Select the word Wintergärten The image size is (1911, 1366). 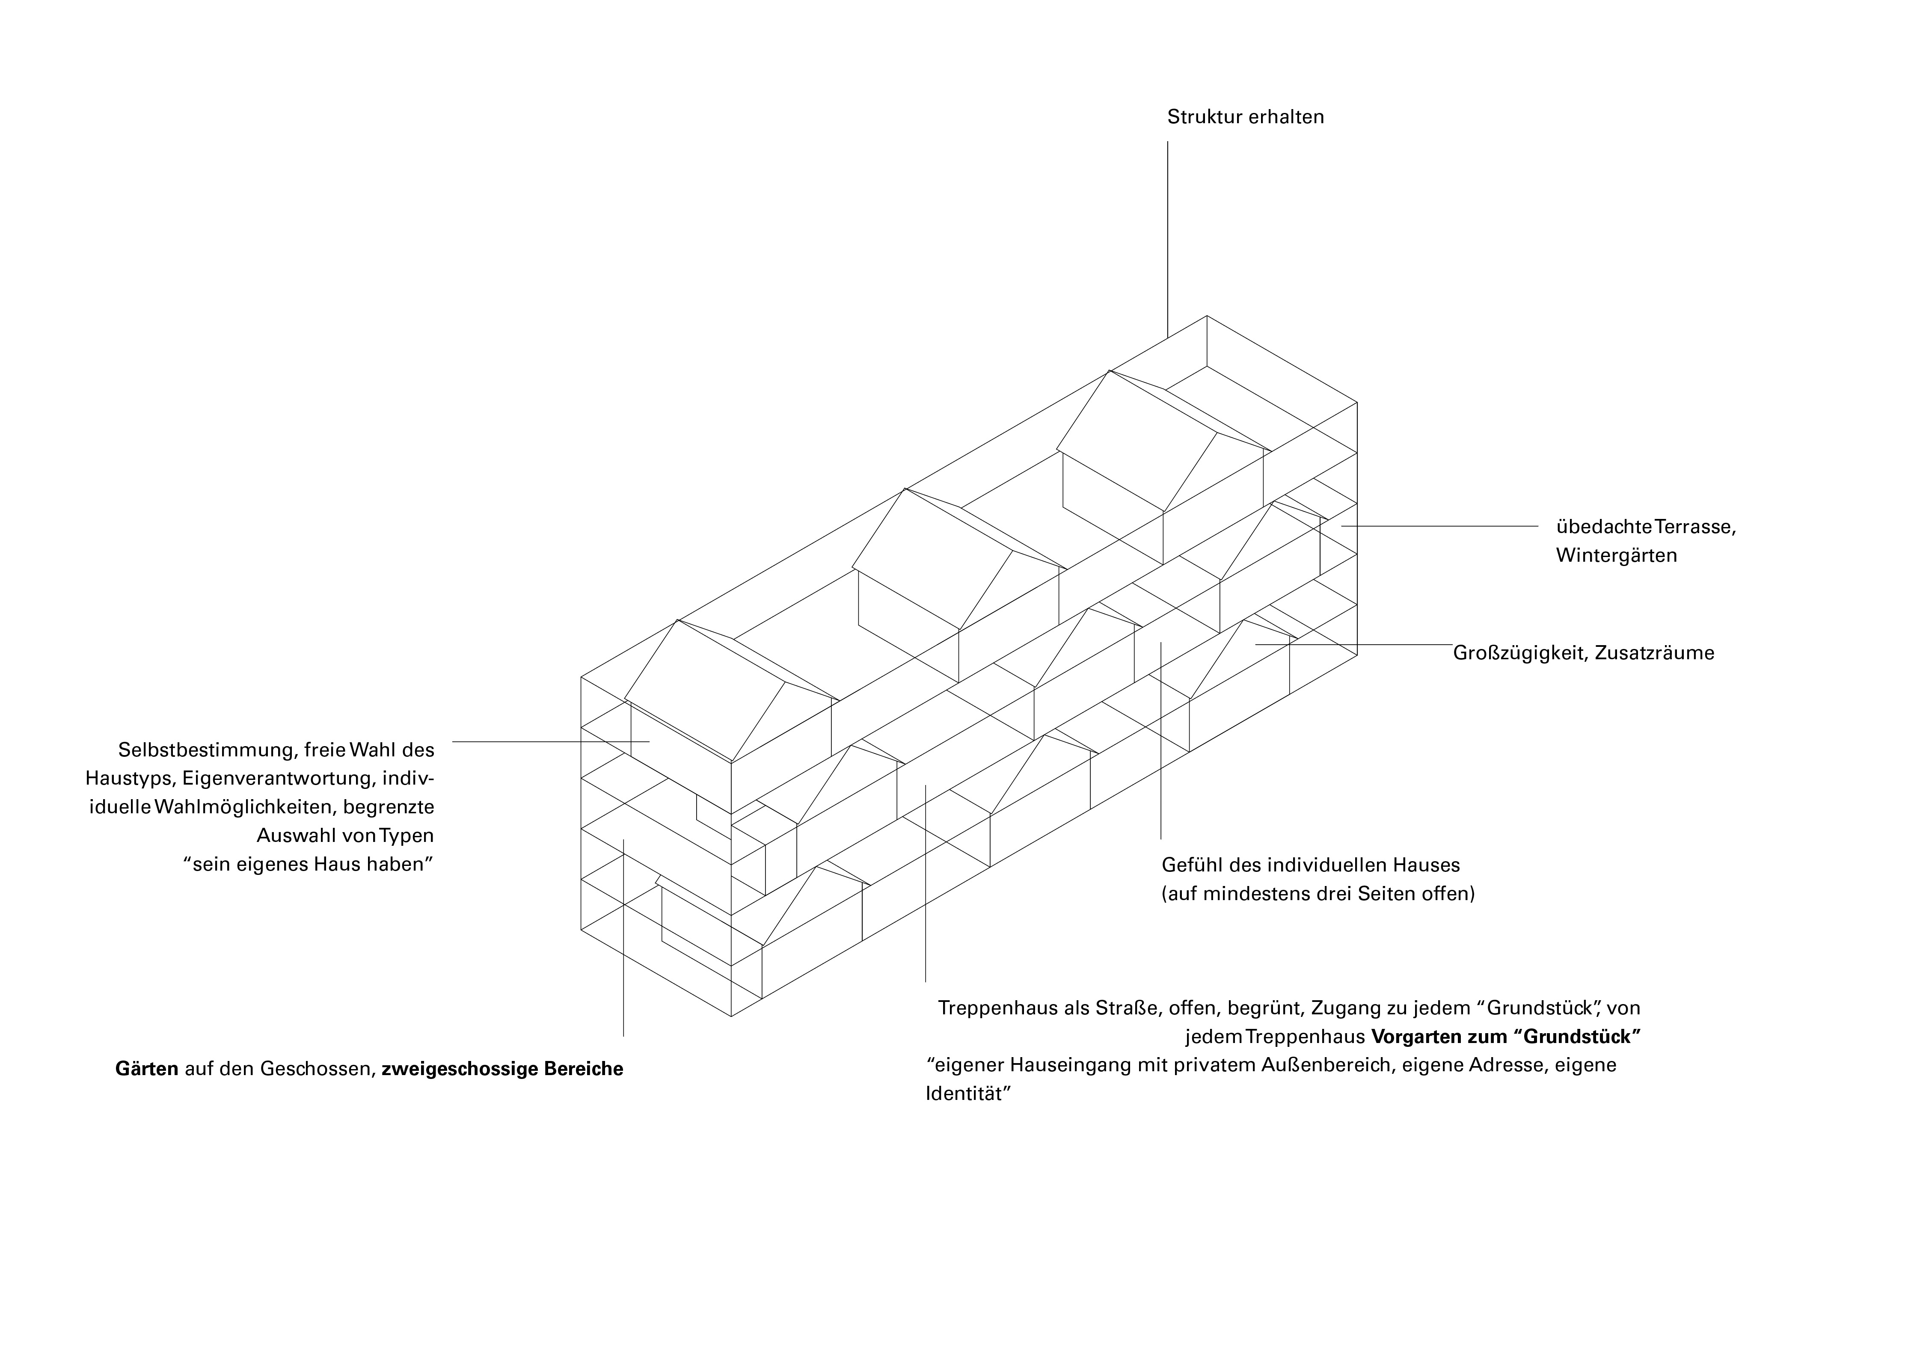[1616, 556]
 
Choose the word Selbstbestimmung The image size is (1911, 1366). [206, 750]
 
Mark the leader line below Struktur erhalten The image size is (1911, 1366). [1167, 236]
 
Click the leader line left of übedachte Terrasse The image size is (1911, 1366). [1438, 527]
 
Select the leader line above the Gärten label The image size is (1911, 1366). [623, 942]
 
